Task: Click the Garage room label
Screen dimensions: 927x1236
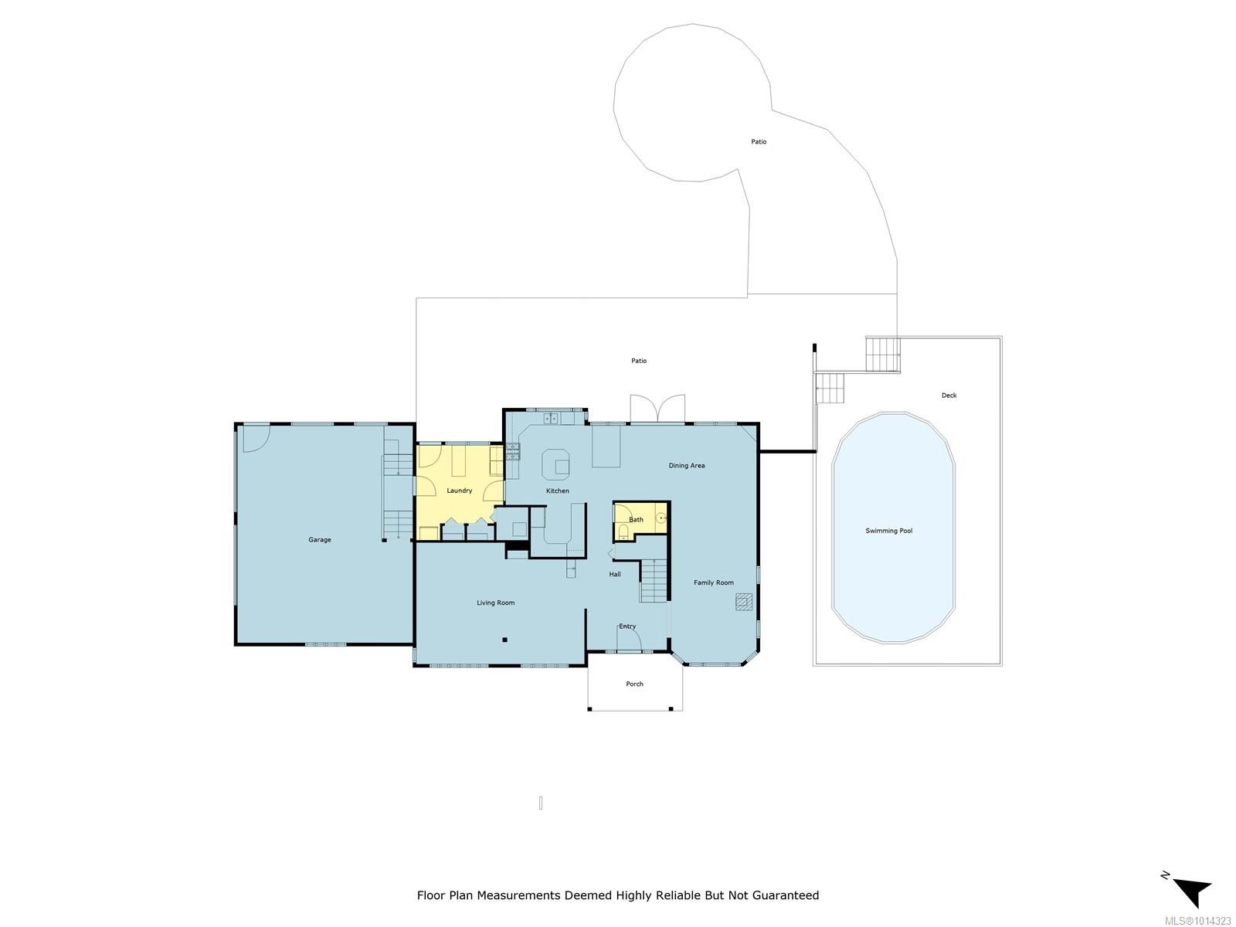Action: click(320, 540)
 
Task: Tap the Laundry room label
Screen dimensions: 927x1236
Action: click(459, 491)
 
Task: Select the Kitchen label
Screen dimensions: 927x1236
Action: click(558, 491)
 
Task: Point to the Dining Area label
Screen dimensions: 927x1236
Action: click(687, 466)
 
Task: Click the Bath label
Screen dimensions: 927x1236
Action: click(636, 520)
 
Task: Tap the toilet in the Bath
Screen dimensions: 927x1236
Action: click(623, 531)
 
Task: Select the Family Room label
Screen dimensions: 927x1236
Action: click(713, 582)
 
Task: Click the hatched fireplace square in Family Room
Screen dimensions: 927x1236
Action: click(745, 602)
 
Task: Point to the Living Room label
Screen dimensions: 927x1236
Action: click(495, 603)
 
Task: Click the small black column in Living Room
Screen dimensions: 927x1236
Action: click(504, 640)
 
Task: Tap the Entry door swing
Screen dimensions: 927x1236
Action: click(629, 640)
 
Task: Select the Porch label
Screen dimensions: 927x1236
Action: click(634, 684)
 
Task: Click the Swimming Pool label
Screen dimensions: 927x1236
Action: click(889, 531)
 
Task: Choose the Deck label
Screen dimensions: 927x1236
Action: click(949, 396)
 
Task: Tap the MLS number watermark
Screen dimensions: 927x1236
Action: click(1197, 920)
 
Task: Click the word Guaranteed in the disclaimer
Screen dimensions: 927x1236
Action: click(780, 895)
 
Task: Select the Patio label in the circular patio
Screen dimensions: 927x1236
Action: click(759, 142)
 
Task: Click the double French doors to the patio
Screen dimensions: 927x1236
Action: click(657, 409)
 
